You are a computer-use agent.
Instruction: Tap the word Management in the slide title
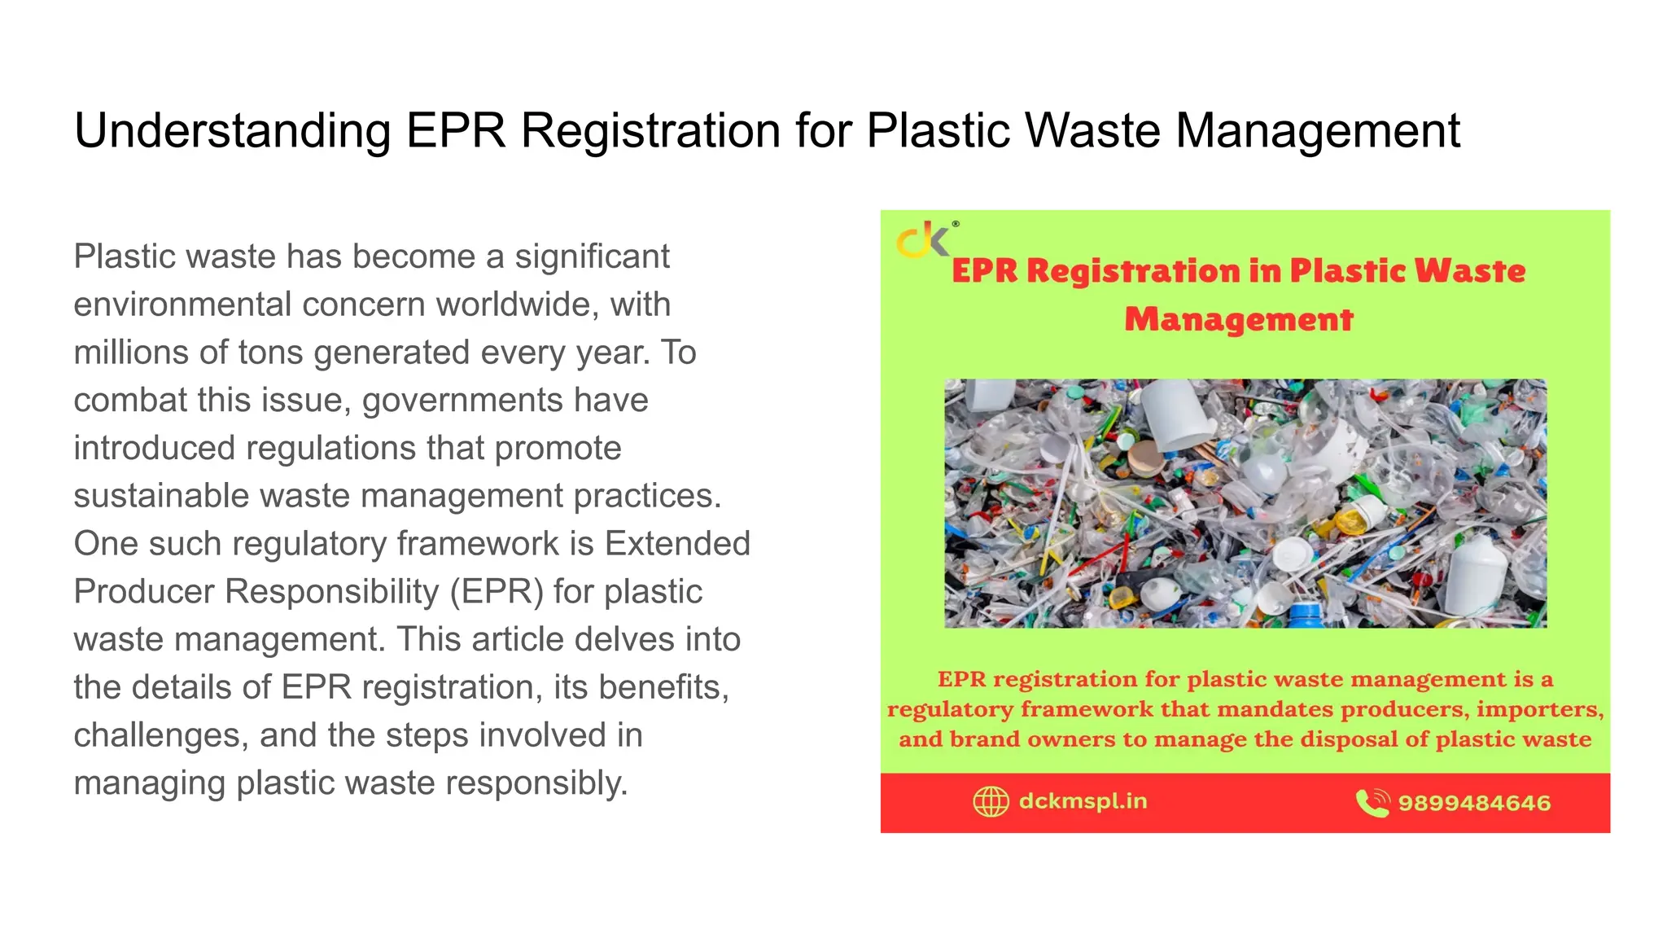click(1318, 131)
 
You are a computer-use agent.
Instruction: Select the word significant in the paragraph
click(592, 256)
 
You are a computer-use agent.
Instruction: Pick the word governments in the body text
click(462, 401)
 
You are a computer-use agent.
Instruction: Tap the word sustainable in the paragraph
click(160, 496)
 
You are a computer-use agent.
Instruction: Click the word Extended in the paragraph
click(677, 544)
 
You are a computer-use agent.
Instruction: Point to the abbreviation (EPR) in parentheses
click(497, 592)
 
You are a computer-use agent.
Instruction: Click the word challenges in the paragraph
click(160, 735)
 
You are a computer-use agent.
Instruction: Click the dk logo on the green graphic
click(924, 239)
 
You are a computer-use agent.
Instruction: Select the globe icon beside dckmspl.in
click(991, 802)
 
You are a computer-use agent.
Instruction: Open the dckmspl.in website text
click(1083, 802)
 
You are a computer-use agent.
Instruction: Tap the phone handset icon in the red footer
click(1372, 803)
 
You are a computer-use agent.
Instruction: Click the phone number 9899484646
click(1474, 804)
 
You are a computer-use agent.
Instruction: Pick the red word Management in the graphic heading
click(1239, 319)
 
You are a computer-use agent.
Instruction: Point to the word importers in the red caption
click(1539, 709)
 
